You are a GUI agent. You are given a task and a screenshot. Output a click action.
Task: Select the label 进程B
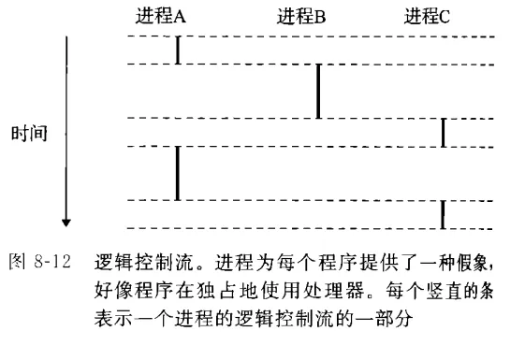click(x=301, y=15)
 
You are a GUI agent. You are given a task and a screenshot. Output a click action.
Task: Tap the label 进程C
click(x=428, y=15)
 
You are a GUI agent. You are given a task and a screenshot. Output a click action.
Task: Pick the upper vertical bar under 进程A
click(x=177, y=50)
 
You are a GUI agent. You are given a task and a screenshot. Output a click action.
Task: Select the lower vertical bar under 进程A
click(x=177, y=172)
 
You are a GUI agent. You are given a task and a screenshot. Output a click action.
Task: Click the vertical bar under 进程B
click(x=318, y=91)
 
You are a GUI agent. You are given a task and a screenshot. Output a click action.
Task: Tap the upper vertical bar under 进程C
click(x=443, y=132)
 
